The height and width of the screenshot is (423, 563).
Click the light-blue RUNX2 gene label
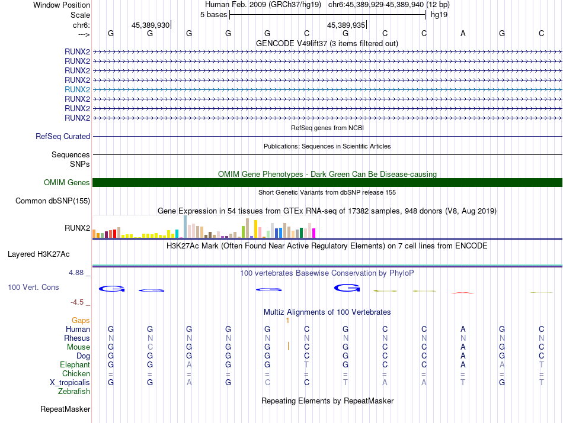point(77,89)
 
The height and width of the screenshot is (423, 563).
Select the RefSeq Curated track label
point(63,136)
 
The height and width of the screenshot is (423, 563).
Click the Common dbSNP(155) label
point(53,201)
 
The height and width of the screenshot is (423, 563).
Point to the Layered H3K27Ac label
point(39,254)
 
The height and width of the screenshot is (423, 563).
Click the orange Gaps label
point(81,320)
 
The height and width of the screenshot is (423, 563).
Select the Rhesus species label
point(77,338)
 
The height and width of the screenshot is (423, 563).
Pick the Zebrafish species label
point(74,391)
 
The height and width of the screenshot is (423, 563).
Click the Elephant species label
point(75,365)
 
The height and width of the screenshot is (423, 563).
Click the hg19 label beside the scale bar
point(439,14)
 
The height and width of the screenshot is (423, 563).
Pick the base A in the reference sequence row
point(463,33)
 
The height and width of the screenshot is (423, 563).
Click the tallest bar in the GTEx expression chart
point(185,227)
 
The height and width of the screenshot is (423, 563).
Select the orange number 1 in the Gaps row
point(287,320)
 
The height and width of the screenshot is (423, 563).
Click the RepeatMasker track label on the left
point(65,409)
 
